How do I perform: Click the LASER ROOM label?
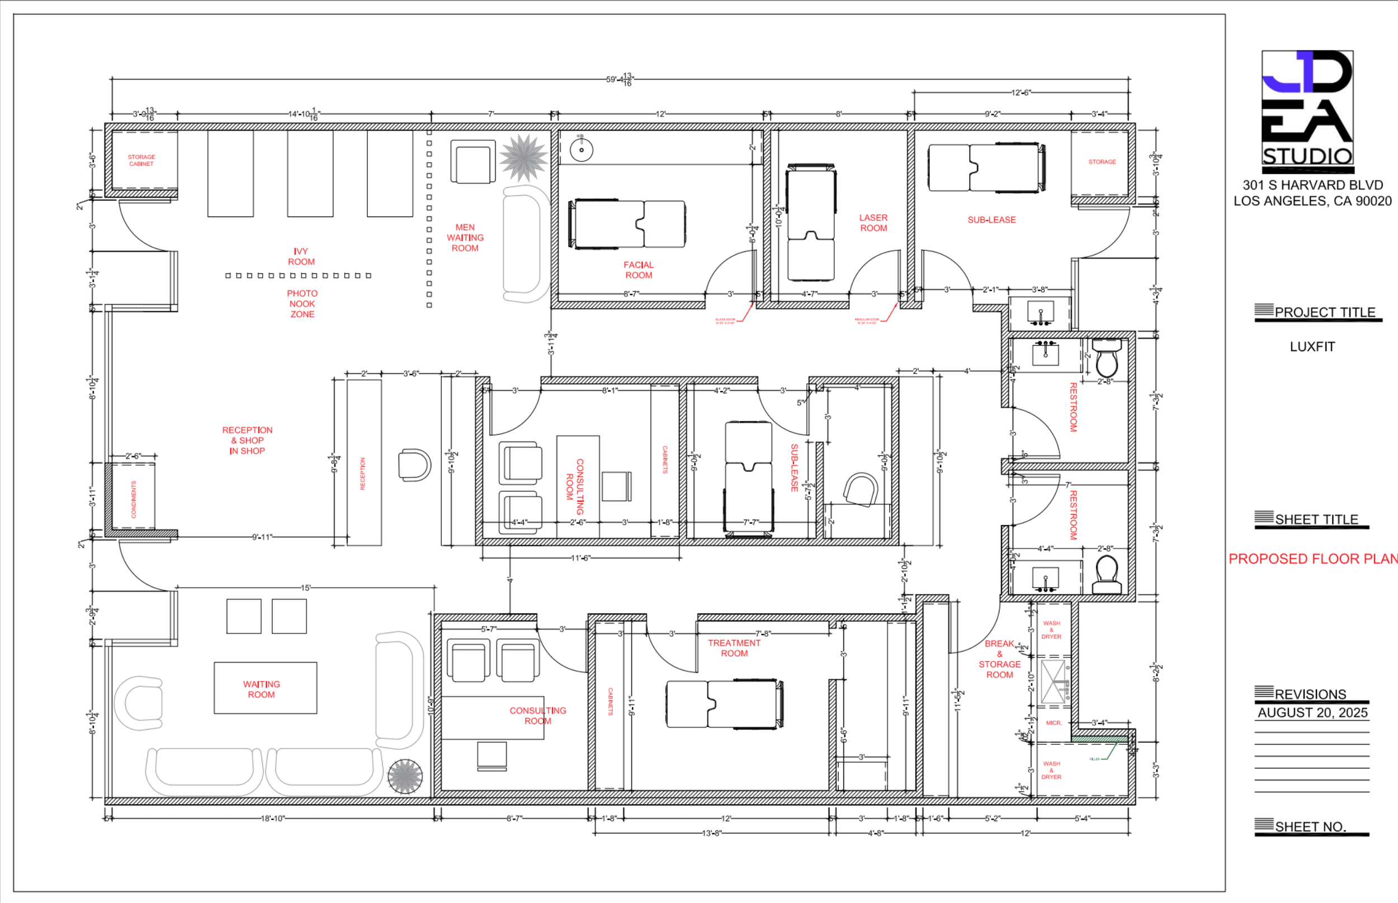point(873,223)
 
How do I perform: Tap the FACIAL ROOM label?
point(638,270)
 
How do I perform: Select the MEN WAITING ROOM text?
point(465,238)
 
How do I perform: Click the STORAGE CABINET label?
point(141,160)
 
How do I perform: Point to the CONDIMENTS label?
point(134,499)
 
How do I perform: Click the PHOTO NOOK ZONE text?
point(302,304)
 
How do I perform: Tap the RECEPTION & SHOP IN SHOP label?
point(247,441)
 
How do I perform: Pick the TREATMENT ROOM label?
point(734,648)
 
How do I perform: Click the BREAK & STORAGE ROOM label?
point(999,659)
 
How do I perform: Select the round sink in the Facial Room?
point(581,150)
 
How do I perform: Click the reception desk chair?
point(414,465)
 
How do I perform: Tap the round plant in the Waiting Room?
point(405,776)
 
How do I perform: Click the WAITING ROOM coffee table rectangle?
point(265,688)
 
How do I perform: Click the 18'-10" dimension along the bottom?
point(272,819)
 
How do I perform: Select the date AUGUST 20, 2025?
point(1312,712)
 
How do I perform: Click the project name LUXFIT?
point(1312,347)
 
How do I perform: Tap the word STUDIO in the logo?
point(1307,157)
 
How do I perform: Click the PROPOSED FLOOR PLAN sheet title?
point(1312,559)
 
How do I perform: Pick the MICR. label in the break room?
point(1053,723)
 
